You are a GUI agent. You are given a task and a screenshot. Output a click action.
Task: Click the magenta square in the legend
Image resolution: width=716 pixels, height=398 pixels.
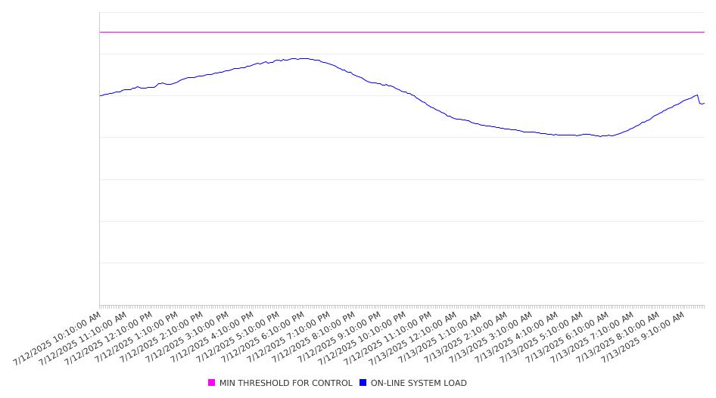pos(211,382)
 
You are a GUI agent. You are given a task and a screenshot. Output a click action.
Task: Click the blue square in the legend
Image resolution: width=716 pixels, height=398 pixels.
pos(363,382)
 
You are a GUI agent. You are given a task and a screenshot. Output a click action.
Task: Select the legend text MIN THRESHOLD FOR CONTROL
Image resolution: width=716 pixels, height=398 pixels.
pos(286,383)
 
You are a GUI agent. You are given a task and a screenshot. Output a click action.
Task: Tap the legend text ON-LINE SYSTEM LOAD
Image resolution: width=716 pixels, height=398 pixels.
pos(419,383)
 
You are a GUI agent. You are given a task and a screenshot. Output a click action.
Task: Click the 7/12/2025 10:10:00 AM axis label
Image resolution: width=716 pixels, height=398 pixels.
pos(57,339)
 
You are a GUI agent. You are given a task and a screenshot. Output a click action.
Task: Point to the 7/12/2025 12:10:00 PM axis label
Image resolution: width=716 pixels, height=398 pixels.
pos(108,339)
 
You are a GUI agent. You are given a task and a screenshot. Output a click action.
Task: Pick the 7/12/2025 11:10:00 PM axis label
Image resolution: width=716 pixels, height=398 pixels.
pos(388,339)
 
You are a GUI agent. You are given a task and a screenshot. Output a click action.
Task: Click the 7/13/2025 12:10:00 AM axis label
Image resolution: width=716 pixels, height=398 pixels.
pos(412,339)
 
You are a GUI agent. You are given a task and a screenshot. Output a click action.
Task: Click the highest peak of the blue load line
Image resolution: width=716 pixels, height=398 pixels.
pos(301,58)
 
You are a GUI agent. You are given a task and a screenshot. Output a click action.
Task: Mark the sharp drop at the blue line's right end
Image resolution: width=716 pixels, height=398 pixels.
pos(699,100)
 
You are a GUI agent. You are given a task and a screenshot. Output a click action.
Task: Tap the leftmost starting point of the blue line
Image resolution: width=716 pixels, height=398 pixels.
pos(100,96)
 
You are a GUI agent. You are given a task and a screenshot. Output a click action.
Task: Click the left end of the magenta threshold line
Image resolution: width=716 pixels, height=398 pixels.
pos(100,32)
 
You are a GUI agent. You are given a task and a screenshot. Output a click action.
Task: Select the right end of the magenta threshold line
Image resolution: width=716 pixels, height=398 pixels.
pos(705,32)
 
